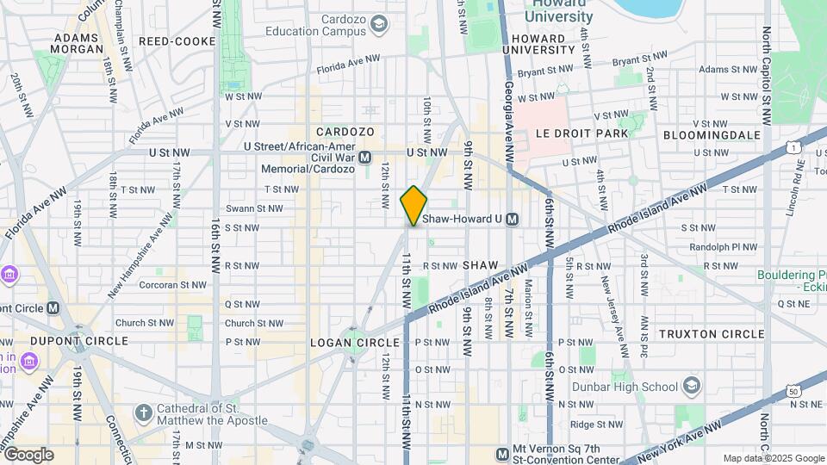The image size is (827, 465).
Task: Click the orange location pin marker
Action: pos(413,205)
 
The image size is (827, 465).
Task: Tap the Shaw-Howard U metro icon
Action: pos(513,220)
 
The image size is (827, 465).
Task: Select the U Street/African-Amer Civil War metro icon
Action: pos(364,158)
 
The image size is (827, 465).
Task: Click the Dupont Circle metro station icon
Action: pos(53,307)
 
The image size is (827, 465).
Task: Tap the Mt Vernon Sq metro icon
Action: pos(502,454)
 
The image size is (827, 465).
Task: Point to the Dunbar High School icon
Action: pos(692,385)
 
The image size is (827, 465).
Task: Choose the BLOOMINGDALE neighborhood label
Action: pos(712,135)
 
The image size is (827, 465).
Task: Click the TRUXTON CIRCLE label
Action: pos(712,333)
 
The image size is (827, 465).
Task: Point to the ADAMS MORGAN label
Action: pos(78,44)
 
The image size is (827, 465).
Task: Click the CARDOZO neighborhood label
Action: pos(345,132)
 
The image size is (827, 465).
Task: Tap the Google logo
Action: pos(28,455)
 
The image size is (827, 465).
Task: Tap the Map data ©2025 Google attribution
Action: pos(773,458)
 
